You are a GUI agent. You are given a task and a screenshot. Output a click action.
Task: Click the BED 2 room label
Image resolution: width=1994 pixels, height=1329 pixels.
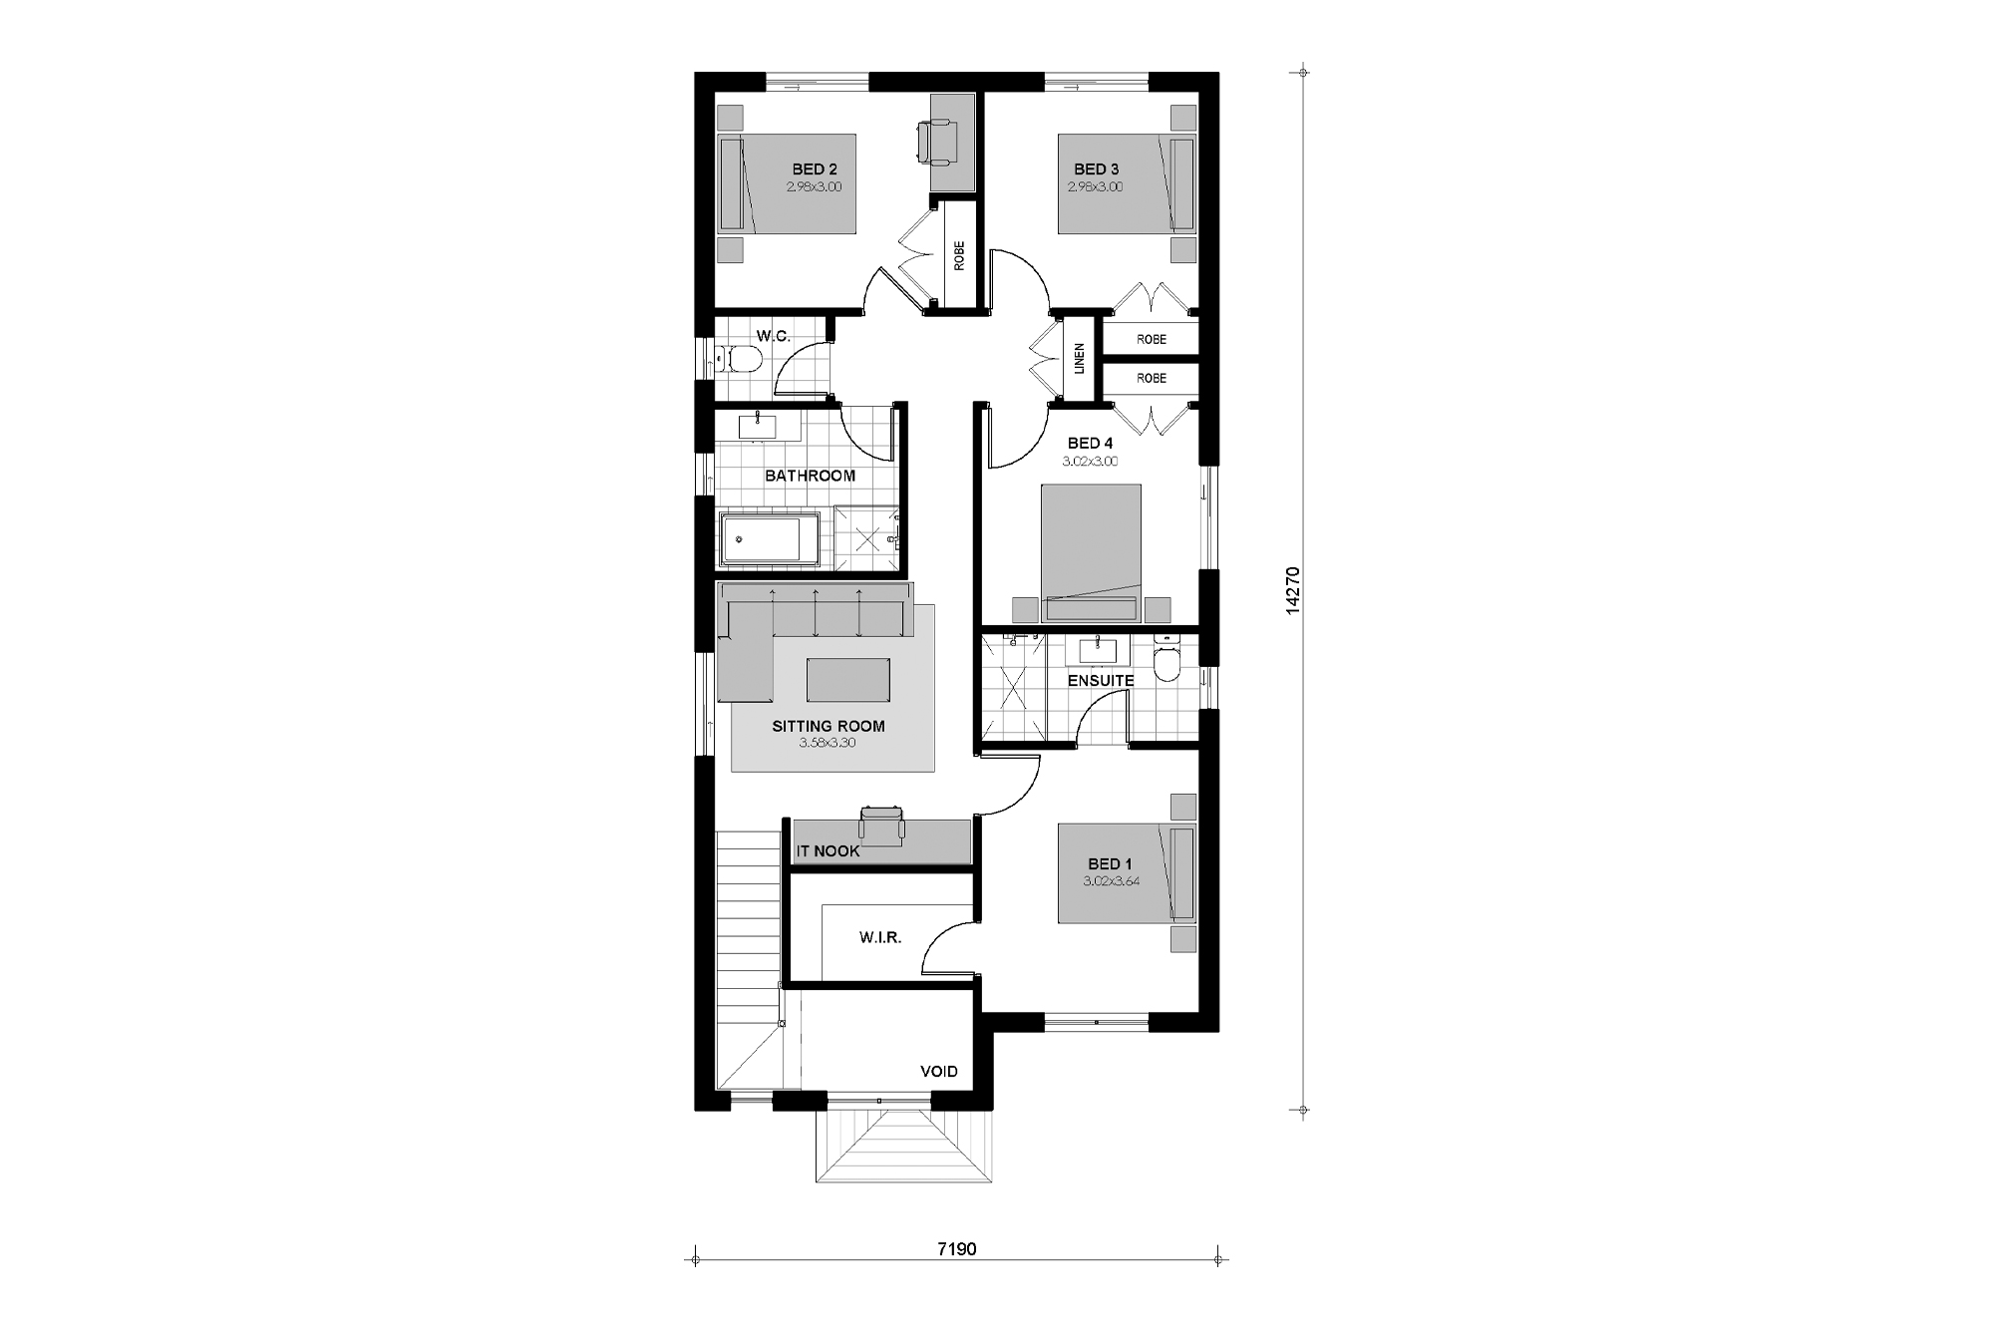point(815,169)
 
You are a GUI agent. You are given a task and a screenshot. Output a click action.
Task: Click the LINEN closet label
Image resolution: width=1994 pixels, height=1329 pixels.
point(1079,358)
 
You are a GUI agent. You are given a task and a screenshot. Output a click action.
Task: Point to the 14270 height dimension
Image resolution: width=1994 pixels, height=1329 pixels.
point(1293,590)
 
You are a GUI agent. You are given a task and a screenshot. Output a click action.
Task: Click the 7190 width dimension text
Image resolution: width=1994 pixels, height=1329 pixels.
point(956,1248)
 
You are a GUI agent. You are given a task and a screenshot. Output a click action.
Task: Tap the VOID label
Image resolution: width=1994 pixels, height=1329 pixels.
point(938,1071)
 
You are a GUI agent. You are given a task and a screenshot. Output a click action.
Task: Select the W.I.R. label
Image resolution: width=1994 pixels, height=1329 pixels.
point(880,938)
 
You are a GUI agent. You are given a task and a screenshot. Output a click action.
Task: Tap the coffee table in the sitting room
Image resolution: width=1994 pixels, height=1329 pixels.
point(848,679)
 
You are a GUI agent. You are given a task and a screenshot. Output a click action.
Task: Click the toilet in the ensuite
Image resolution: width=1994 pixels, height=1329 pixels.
point(1165,659)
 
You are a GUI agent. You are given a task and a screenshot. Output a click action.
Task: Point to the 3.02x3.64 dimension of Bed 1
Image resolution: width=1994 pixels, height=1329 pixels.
point(1111,881)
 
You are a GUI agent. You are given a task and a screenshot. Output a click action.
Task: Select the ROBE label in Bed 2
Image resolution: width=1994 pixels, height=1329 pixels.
point(959,256)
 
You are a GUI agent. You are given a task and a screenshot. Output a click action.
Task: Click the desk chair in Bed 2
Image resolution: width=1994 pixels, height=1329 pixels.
point(937,140)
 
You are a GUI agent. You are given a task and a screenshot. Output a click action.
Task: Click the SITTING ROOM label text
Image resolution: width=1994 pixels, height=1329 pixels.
point(828,726)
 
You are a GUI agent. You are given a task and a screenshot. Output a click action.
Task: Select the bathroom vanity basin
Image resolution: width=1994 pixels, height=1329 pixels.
point(757,426)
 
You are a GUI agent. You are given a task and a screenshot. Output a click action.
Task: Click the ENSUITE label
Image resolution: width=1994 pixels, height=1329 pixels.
point(1101,681)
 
